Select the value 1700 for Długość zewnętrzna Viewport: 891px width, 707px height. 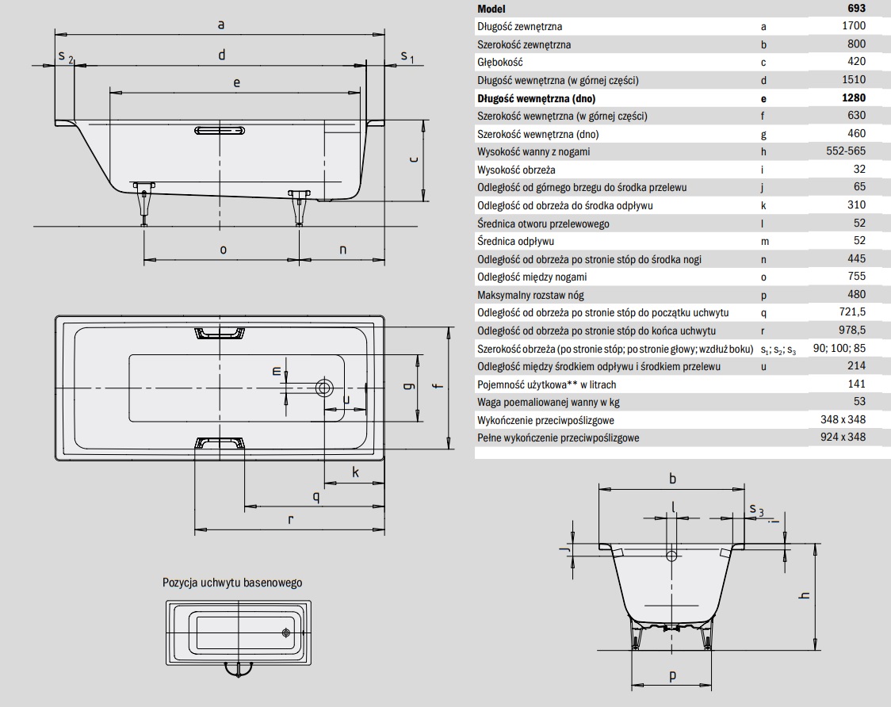(x=853, y=26)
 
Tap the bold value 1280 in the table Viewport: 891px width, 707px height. (x=853, y=98)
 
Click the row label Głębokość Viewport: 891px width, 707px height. (x=500, y=62)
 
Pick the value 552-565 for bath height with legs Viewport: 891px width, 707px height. (x=846, y=151)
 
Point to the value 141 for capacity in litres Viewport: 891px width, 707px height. (x=856, y=384)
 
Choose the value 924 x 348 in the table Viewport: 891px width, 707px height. (x=843, y=438)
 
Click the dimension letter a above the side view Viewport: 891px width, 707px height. (x=222, y=25)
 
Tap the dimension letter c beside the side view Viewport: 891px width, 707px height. (x=413, y=159)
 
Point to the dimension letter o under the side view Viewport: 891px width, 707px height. (x=223, y=249)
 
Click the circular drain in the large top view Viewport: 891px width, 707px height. (x=323, y=388)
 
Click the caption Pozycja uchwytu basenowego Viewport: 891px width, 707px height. (x=232, y=582)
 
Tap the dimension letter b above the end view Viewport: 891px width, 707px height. (x=672, y=478)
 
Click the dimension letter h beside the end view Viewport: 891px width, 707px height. (x=804, y=597)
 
